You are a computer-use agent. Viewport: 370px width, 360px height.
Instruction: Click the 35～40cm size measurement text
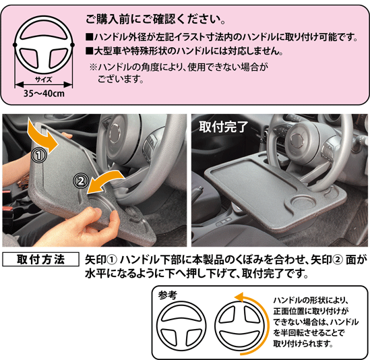pyautogui.click(x=44, y=94)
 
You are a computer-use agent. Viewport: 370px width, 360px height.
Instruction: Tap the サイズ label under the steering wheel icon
pyautogui.click(x=44, y=80)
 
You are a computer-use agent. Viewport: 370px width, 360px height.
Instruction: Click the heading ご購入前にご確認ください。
pyautogui.click(x=156, y=20)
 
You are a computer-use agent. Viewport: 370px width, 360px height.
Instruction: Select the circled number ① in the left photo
pyautogui.click(x=39, y=155)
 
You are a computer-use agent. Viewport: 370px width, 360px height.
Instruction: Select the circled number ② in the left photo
pyautogui.click(x=81, y=181)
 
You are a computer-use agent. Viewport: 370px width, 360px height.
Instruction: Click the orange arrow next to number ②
pyautogui.click(x=104, y=183)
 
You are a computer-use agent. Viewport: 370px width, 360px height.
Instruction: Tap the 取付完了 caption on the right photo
pyautogui.click(x=223, y=127)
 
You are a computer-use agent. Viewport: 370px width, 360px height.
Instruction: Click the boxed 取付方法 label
pyautogui.click(x=40, y=260)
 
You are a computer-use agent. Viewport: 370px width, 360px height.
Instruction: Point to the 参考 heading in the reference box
pyautogui.click(x=168, y=295)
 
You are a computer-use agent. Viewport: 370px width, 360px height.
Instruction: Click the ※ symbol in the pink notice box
pyautogui.click(x=93, y=67)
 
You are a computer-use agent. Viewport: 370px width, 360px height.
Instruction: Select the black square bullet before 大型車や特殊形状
pyautogui.click(x=90, y=51)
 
